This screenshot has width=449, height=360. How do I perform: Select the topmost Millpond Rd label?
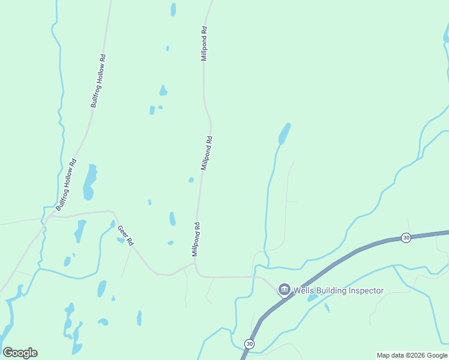click(x=204, y=43)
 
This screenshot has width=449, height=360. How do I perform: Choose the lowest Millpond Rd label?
click(x=195, y=239)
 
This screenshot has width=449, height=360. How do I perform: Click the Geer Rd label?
click(x=125, y=234)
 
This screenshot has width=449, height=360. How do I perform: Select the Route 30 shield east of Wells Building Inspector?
click(x=406, y=238)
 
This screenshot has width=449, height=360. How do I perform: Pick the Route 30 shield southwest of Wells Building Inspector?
click(x=249, y=344)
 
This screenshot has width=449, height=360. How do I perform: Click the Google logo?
click(x=20, y=353)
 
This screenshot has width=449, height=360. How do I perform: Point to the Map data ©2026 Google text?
click(x=412, y=355)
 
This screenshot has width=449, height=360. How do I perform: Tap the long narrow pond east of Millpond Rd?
click(x=285, y=133)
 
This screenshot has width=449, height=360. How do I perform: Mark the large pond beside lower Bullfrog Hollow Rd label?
click(x=90, y=182)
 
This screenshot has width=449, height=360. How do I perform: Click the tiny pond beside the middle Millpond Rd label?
click(x=191, y=179)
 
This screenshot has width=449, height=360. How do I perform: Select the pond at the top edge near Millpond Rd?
click(x=173, y=9)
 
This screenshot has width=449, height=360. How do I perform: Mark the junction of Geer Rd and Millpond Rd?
click(x=195, y=263)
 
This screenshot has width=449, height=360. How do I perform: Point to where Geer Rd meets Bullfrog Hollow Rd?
click(x=48, y=216)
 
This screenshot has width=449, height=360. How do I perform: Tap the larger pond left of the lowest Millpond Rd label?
click(x=172, y=218)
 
